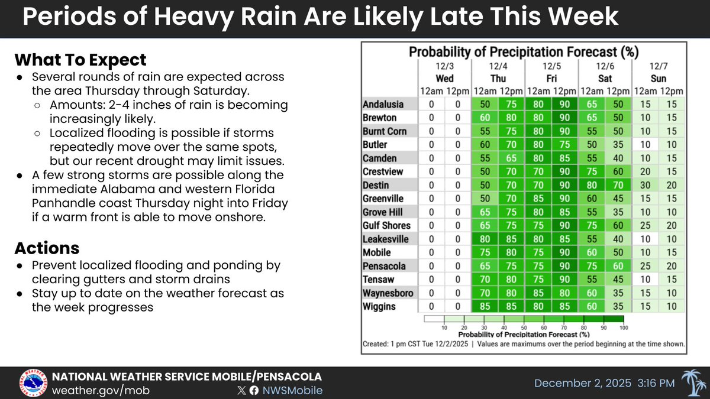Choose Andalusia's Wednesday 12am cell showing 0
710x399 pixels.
tap(431, 104)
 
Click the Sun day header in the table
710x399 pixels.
tap(658, 79)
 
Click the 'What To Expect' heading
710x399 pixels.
tap(80, 60)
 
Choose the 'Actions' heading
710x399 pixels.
tap(46, 247)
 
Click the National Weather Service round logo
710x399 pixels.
tap(34, 383)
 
